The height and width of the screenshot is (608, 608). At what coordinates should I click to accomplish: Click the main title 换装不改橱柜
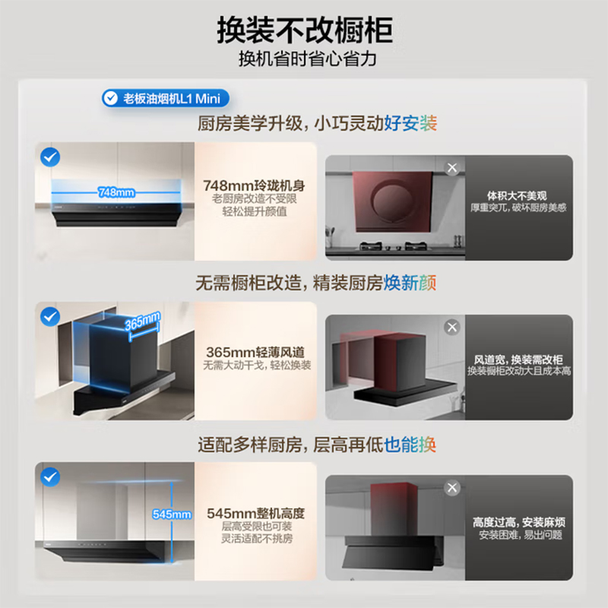304,30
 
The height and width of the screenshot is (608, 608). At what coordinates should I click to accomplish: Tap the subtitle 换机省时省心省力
304,59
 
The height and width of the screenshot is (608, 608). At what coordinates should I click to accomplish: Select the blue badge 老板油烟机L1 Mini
165,98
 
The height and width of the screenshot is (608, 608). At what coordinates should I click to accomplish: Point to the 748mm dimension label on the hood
116,192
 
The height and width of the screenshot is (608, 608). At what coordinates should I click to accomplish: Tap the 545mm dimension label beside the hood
171,515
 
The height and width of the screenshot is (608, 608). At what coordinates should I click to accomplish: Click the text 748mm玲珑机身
256,185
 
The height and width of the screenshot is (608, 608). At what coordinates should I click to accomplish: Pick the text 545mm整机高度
256,513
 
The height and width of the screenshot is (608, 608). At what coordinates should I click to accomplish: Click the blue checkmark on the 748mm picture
51,157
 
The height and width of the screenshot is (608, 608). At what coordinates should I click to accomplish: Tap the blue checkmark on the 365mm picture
51,315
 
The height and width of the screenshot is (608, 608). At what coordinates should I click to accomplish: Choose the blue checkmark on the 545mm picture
51,477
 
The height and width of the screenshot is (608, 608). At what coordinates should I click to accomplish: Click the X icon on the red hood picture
453,168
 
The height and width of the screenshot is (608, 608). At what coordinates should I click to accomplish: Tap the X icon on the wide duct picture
453,328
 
